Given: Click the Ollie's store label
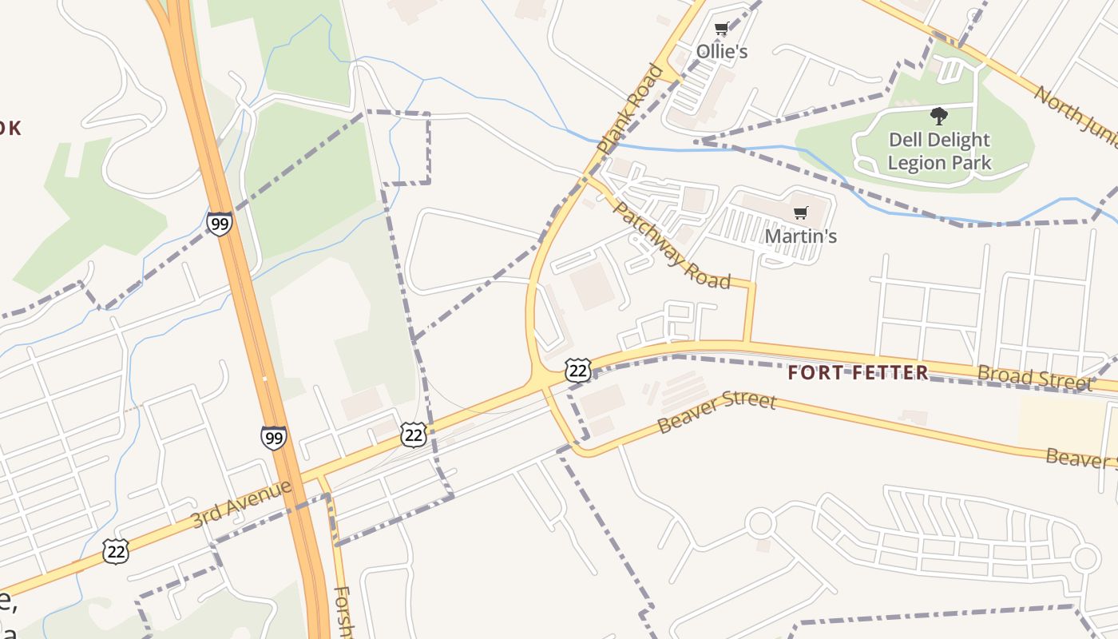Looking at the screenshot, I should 722,51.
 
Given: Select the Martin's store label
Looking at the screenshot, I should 800,236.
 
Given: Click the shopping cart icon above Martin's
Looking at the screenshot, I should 800,213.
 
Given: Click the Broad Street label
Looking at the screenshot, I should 1034,377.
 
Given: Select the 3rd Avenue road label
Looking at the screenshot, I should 242,503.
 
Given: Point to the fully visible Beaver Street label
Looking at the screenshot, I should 716,411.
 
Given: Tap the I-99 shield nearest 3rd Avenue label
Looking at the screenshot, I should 273,438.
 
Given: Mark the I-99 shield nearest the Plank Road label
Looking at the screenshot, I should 219,223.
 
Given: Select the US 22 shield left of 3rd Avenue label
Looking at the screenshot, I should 116,551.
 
